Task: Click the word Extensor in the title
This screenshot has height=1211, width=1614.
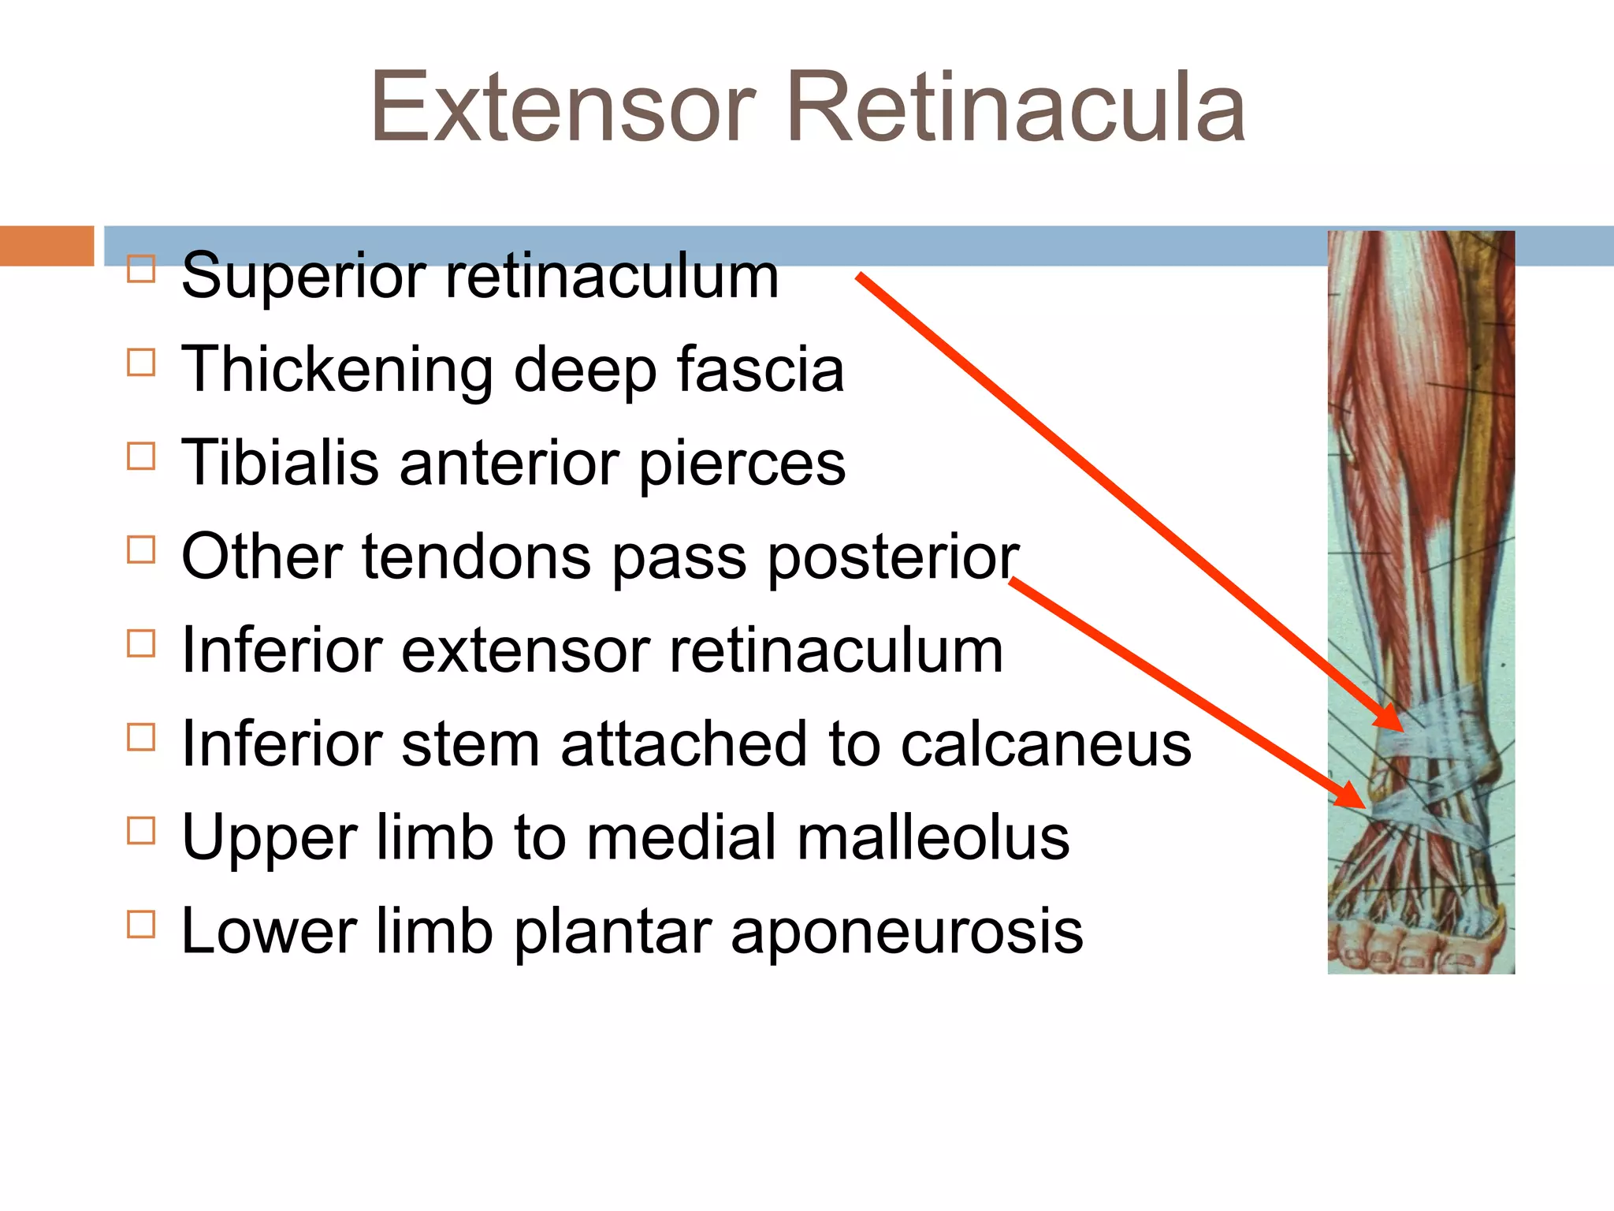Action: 563,108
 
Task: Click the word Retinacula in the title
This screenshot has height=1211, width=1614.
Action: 1016,108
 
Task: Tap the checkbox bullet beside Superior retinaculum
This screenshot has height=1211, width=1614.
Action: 141,269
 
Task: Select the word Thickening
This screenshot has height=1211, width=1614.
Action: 337,369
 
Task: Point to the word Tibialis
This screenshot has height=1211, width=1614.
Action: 280,463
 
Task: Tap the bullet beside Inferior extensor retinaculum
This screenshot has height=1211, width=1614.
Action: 141,643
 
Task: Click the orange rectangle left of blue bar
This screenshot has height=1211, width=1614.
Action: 46,246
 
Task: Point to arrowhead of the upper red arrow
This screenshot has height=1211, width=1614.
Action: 1392,721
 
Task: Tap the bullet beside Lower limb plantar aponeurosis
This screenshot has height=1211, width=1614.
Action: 141,923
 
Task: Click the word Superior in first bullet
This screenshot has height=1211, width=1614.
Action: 303,277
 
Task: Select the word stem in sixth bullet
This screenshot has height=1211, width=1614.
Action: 470,743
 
